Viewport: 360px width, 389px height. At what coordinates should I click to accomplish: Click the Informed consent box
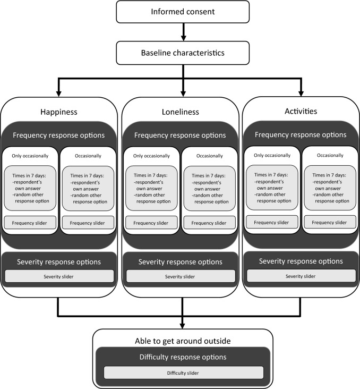point(183,12)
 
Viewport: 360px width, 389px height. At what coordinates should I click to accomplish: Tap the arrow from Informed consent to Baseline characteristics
point(183,33)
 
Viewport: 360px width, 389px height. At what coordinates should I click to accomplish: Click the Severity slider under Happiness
point(60,276)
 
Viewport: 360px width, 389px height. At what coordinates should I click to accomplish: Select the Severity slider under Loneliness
point(181,276)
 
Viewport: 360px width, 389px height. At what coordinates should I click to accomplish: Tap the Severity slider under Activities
point(301,276)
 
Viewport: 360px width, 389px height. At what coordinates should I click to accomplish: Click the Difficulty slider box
point(183,373)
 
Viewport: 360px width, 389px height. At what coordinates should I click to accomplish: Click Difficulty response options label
point(183,357)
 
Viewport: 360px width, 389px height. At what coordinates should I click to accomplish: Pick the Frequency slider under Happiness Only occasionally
point(30,223)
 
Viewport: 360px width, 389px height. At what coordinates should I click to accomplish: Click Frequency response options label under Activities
point(301,134)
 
